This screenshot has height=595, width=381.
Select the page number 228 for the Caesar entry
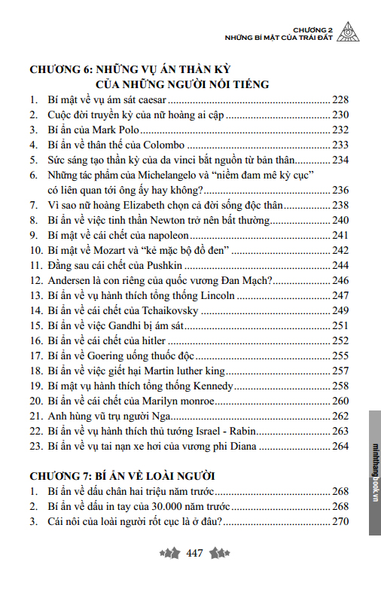coord(341,99)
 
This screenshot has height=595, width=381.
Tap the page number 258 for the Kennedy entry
coord(341,386)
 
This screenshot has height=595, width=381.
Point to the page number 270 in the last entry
coord(341,521)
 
